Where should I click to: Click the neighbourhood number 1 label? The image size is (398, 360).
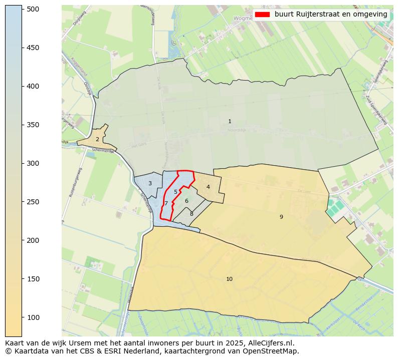pyautogui.click(x=230, y=122)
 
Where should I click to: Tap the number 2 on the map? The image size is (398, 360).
pyautogui.click(x=97, y=140)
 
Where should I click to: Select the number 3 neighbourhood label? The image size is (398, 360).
pyautogui.click(x=150, y=184)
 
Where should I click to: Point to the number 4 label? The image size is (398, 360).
pyautogui.click(x=208, y=187)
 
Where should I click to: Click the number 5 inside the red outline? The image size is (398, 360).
pyautogui.click(x=175, y=192)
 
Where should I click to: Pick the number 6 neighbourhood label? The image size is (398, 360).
pyautogui.click(x=186, y=201)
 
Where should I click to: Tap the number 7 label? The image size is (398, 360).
pyautogui.click(x=166, y=204)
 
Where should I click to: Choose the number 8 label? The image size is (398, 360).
pyautogui.click(x=191, y=214)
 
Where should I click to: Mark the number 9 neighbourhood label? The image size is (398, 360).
pyautogui.click(x=281, y=217)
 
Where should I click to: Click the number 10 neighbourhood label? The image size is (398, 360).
pyautogui.click(x=229, y=279)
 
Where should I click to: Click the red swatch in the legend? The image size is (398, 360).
pyautogui.click(x=262, y=15)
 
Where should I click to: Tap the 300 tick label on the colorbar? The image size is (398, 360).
pyautogui.click(x=33, y=163)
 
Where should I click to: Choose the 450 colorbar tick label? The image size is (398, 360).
pyautogui.click(x=33, y=48)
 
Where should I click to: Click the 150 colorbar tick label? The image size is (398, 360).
pyautogui.click(x=33, y=279)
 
